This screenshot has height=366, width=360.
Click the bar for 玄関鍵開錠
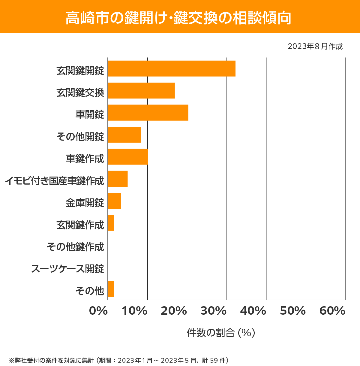171,68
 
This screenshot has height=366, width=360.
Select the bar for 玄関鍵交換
141,90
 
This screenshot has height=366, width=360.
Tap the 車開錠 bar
148,113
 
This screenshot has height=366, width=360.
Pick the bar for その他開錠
124,135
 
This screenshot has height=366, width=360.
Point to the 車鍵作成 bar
127,157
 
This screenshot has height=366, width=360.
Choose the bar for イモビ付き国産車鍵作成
118,179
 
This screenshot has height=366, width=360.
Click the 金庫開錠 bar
114,201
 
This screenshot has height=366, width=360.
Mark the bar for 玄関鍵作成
111,223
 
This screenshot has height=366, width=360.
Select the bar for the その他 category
111,289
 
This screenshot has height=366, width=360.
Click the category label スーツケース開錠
68,268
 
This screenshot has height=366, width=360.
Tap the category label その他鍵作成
75,247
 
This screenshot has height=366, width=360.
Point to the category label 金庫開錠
85,203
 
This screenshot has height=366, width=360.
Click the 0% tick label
98,311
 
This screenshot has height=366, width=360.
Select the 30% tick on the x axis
213,311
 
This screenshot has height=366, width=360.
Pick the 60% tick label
332,311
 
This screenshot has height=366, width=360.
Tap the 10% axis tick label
134,311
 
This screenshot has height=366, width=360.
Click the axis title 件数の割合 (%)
221,333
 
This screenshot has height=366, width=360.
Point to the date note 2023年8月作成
315,46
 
